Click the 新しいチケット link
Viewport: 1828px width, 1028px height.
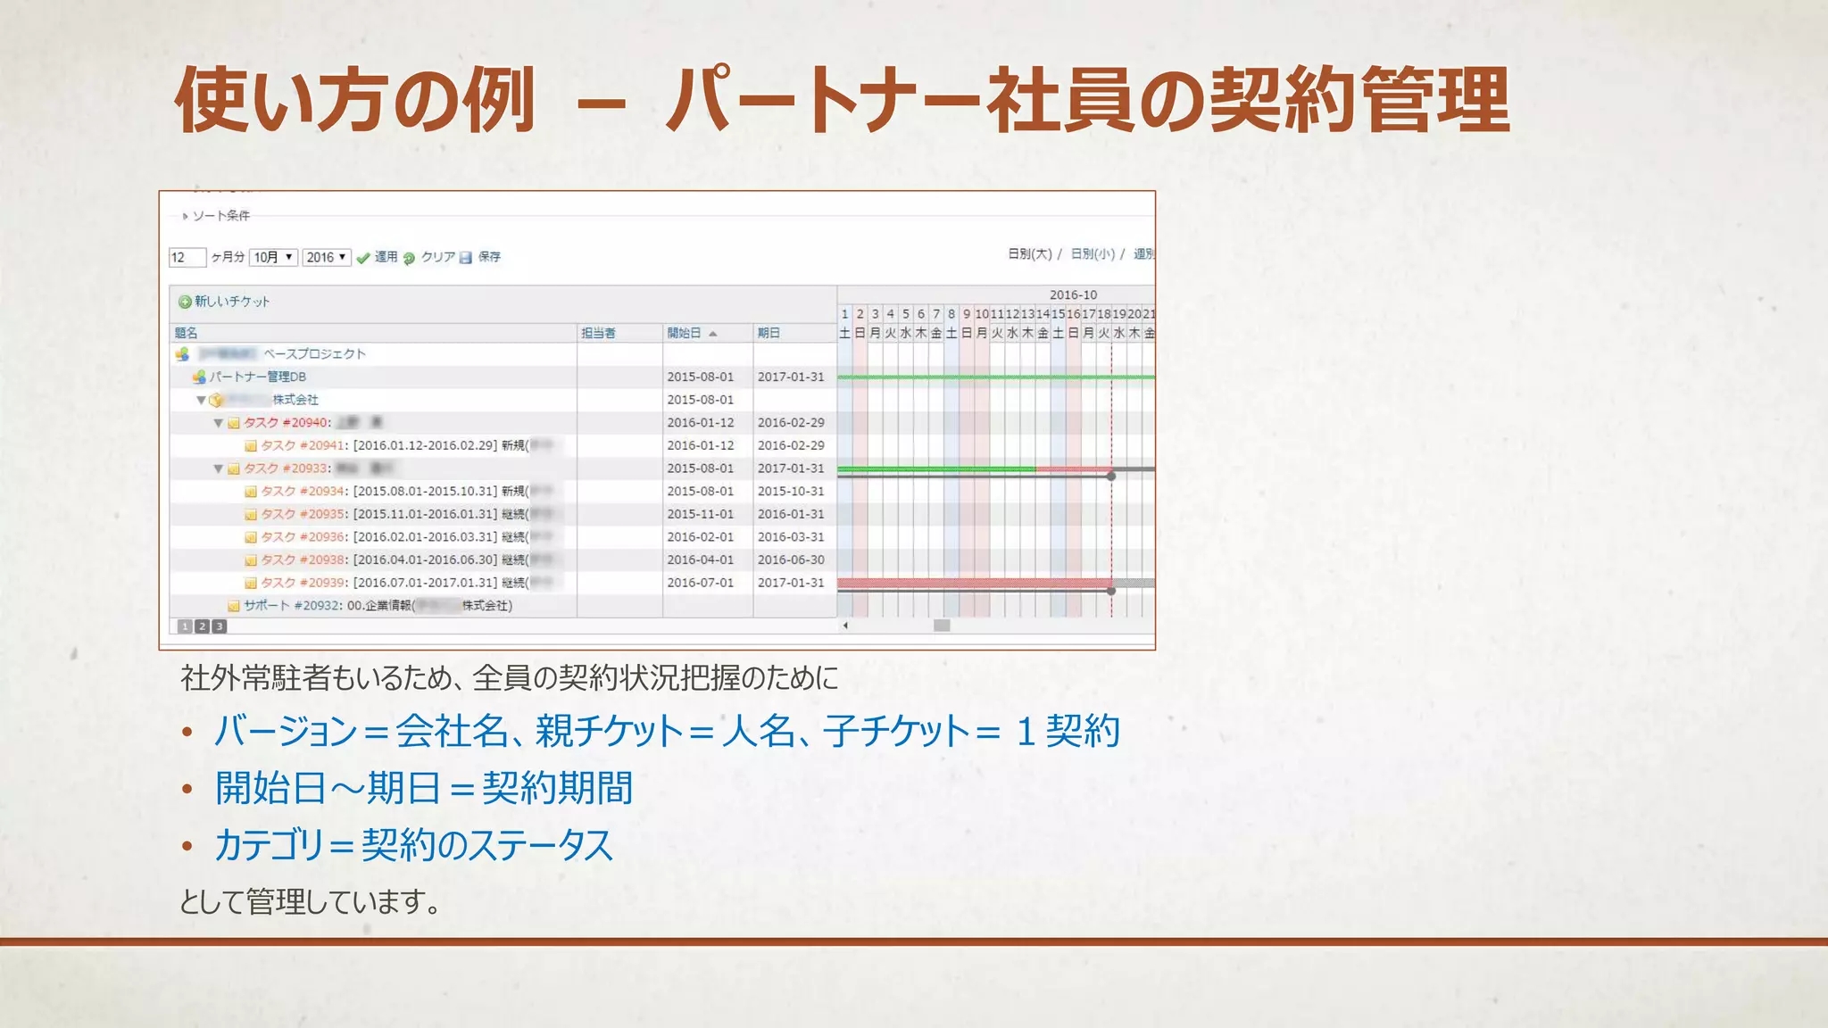231,302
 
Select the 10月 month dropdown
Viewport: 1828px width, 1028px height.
273,257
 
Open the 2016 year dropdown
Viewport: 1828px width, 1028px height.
326,257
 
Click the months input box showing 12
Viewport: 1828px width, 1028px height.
187,257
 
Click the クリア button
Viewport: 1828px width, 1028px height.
437,257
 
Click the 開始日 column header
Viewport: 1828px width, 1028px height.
685,333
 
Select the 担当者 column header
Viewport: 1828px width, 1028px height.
598,333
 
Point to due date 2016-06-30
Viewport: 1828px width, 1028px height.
791,560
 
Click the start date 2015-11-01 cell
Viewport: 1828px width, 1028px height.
700,514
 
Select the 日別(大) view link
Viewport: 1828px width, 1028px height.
1029,254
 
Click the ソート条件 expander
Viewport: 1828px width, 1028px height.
220,216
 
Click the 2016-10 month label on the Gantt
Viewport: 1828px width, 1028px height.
1073,294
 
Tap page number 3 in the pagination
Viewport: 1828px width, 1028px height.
220,626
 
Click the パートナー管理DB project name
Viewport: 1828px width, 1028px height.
258,377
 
